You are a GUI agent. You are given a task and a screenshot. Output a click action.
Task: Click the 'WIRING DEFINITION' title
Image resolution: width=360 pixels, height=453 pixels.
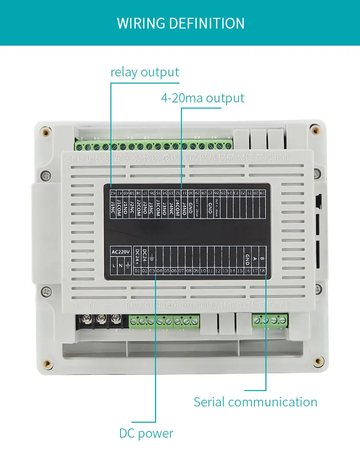pos(180,23)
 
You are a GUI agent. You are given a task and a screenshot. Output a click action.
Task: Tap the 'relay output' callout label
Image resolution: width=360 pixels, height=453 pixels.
pos(144,73)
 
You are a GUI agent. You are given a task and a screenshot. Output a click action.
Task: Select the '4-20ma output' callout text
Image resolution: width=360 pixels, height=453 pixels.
pos(203,98)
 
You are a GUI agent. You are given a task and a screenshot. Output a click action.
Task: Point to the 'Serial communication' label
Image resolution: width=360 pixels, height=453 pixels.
pos(255,402)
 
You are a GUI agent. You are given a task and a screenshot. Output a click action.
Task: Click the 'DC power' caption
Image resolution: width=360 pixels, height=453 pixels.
pos(146,433)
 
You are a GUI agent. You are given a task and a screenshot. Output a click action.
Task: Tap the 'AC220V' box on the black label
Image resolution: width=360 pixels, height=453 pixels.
pos(120,252)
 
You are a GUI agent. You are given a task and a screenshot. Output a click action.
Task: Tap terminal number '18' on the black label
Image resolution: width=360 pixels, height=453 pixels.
pos(263,271)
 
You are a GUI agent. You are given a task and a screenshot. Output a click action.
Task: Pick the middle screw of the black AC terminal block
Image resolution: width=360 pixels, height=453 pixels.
pos(102,318)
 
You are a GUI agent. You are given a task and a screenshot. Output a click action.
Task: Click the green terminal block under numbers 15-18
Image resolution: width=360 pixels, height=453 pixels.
pos(270,320)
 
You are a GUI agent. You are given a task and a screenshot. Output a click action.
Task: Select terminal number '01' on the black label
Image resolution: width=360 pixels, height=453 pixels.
pos(137,271)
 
